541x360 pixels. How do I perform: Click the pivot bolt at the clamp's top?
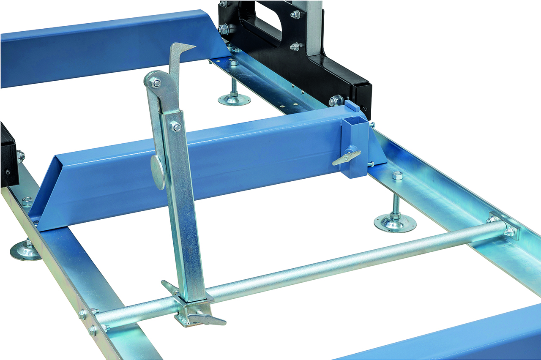coord(156,83)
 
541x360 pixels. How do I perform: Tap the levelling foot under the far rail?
coord(234,99)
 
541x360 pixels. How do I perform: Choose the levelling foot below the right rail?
coord(395,221)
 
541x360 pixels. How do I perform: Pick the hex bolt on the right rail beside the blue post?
coord(397,175)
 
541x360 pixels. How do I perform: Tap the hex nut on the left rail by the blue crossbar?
coord(27,202)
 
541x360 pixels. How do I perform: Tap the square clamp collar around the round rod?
coord(190,308)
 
